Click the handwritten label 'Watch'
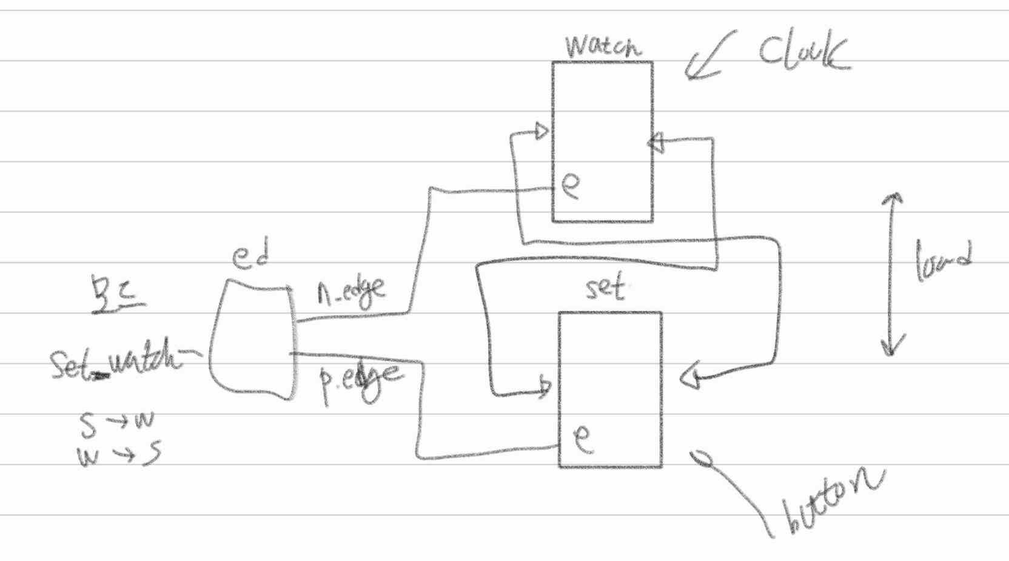tap(602, 46)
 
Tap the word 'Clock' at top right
tap(803, 52)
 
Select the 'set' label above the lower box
tap(605, 287)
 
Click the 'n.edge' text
tap(351, 292)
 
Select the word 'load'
tap(943, 261)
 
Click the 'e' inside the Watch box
tap(571, 185)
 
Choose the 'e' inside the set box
tap(582, 438)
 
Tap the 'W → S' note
tap(119, 454)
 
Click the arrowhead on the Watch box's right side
tap(657, 144)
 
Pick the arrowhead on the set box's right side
tap(690, 378)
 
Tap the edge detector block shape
tap(252, 340)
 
